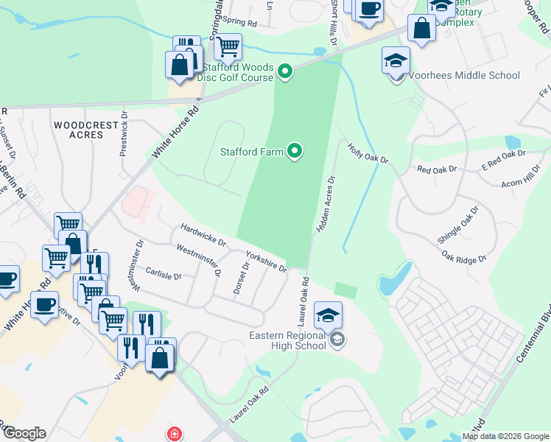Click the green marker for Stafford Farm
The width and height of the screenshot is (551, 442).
tap(295, 152)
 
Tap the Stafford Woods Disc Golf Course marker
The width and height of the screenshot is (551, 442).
tap(285, 71)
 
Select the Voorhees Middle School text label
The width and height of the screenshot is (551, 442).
tap(466, 75)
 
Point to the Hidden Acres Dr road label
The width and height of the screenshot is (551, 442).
tap(326, 205)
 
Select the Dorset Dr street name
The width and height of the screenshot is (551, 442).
tap(242, 278)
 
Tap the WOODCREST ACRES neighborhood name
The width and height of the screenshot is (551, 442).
tap(86, 130)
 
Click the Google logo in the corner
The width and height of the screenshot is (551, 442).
tap(24, 432)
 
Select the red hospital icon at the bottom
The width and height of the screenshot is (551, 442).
tap(173, 435)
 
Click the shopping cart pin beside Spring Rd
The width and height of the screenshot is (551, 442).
tap(228, 47)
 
